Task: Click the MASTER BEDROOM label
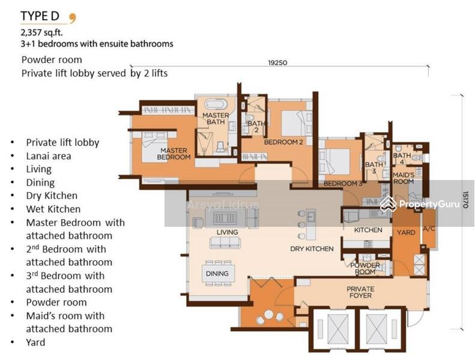click(174, 154)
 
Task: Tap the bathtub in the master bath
click(216, 104)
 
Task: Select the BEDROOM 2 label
click(283, 142)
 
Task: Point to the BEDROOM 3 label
click(343, 184)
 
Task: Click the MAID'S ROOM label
click(404, 178)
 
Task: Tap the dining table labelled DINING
click(217, 274)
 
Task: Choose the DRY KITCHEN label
click(312, 249)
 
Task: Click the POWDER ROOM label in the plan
click(365, 269)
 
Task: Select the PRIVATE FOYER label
click(360, 292)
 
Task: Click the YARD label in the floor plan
click(406, 233)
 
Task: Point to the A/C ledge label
click(429, 229)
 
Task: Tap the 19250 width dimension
click(277, 63)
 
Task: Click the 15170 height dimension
click(465, 199)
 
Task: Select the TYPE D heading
click(40, 16)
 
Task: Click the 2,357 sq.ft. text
click(42, 32)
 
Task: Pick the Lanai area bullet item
click(49, 156)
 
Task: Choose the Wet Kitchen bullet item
click(53, 209)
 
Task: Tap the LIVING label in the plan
click(227, 232)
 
